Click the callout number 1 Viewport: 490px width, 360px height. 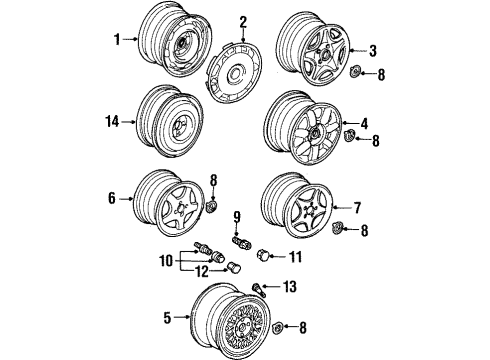[x=117, y=39]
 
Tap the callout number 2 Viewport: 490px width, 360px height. [x=243, y=22]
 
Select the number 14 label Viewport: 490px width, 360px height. [x=112, y=121]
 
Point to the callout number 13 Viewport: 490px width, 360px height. [x=290, y=286]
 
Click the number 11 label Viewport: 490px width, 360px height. [x=295, y=257]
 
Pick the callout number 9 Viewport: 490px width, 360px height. [x=237, y=217]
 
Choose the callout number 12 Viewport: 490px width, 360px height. [x=202, y=272]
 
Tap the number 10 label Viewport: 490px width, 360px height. [x=166, y=261]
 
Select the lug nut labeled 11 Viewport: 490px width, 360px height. [x=262, y=255]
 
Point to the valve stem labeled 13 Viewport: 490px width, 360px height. [x=259, y=289]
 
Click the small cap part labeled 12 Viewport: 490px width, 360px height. [x=233, y=267]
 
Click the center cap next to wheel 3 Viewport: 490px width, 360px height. [x=355, y=71]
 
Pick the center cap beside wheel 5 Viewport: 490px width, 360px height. [x=277, y=328]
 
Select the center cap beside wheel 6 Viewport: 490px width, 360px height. [x=211, y=206]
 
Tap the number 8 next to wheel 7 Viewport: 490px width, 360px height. [x=364, y=230]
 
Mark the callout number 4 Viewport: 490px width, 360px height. [x=364, y=123]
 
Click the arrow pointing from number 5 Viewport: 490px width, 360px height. [x=182, y=317]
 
